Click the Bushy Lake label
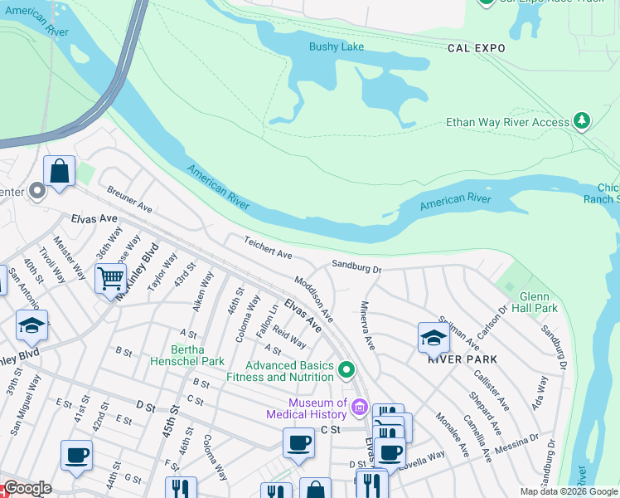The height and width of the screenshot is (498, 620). (x=337, y=46)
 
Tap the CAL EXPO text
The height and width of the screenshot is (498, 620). (x=476, y=49)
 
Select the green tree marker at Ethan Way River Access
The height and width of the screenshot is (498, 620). (x=583, y=121)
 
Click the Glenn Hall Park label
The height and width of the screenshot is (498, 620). (x=538, y=302)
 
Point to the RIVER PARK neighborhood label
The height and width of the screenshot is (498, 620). (x=462, y=359)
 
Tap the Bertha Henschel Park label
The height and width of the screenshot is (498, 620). (x=186, y=354)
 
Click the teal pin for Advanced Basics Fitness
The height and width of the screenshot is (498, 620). (x=347, y=369)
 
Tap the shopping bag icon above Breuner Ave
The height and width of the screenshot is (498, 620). (x=60, y=172)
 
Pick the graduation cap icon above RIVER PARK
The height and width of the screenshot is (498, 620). (x=433, y=337)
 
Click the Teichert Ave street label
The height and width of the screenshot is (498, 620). (x=268, y=247)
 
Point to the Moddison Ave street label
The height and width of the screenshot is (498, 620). (x=314, y=300)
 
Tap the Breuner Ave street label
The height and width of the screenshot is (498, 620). (x=129, y=199)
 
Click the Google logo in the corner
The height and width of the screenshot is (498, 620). (x=27, y=488)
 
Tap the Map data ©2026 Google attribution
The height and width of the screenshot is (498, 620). (x=569, y=491)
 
